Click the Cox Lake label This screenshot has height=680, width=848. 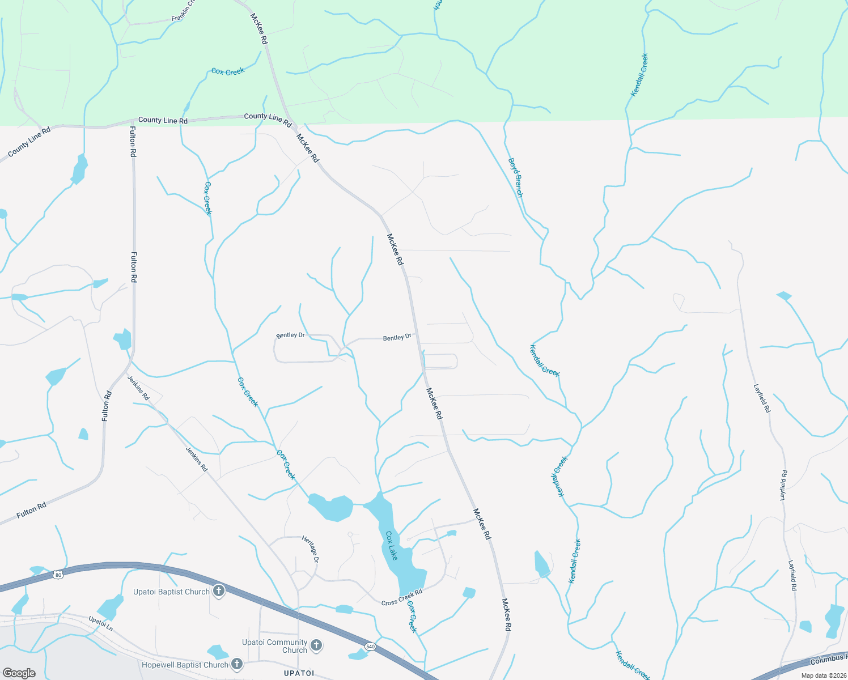pyautogui.click(x=391, y=545)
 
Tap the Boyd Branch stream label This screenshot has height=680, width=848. pyautogui.click(x=515, y=177)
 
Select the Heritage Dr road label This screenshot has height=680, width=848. pyautogui.click(x=311, y=549)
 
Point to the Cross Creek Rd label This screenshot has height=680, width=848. pyautogui.click(x=402, y=597)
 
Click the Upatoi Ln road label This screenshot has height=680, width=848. pyautogui.click(x=101, y=624)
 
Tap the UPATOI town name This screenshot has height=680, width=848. pyautogui.click(x=299, y=673)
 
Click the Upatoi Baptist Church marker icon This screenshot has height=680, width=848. pyautogui.click(x=219, y=592)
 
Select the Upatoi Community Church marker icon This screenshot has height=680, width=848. pyautogui.click(x=316, y=645)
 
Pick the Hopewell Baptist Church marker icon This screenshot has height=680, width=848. pyautogui.click(x=237, y=664)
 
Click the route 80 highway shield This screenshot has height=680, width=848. pyautogui.click(x=58, y=575)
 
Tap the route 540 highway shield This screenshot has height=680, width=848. pyautogui.click(x=370, y=647)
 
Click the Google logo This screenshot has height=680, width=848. pyautogui.click(x=19, y=673)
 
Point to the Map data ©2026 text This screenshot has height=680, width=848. pyautogui.click(x=822, y=675)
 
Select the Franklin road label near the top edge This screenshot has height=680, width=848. pyautogui.click(x=183, y=11)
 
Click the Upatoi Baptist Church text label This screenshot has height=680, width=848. pyautogui.click(x=171, y=592)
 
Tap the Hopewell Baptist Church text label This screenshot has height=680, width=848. pyautogui.click(x=185, y=665)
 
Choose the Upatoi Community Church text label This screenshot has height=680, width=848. pyautogui.click(x=275, y=646)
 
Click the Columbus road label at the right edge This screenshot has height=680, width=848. pyautogui.click(x=828, y=660)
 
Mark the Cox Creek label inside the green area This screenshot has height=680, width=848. pyautogui.click(x=228, y=71)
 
